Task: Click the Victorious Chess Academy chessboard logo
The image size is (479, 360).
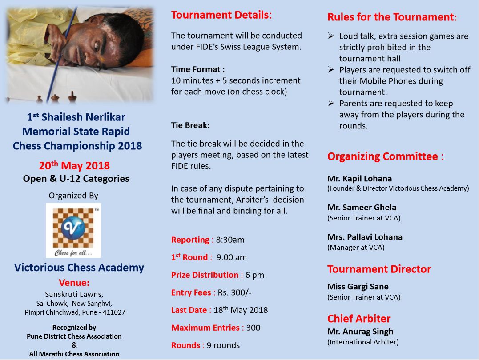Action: coord(73,230)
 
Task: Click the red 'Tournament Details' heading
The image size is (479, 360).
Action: coord(220,15)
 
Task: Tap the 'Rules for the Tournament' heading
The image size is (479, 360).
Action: coord(391,17)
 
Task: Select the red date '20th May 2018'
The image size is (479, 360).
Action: coord(74,166)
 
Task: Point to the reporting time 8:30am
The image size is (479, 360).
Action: coord(230,240)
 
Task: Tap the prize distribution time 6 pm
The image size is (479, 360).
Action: coord(255,275)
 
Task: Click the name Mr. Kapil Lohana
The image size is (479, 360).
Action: coord(359,179)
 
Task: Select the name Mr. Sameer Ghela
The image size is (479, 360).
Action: coord(362,207)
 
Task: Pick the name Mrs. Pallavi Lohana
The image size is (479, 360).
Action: coord(365,237)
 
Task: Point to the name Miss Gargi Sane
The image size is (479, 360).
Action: coord(358,287)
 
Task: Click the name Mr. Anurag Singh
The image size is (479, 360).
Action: coord(360,332)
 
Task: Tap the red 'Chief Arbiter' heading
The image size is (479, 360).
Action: coord(358,319)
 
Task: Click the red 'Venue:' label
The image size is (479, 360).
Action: coord(74,283)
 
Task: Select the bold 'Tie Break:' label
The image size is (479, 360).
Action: coord(190,126)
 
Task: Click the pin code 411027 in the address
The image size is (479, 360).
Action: coord(113,312)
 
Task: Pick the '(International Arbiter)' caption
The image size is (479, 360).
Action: coord(363,342)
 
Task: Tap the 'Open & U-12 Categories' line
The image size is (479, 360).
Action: coord(76,179)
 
